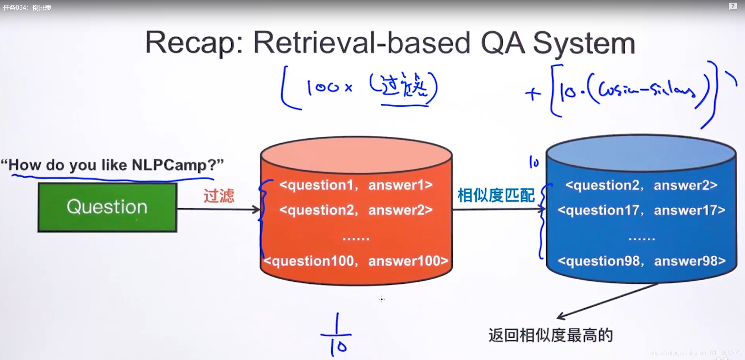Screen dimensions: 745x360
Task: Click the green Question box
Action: point(107,207)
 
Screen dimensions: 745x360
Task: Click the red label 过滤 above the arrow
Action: point(219,195)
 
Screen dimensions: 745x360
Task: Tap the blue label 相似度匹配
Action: point(496,195)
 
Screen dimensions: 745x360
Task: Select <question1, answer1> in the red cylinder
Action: point(356,185)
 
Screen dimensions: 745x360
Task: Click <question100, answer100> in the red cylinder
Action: point(356,261)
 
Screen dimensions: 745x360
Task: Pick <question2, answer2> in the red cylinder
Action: point(356,210)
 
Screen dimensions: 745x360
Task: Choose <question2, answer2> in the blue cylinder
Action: point(641,185)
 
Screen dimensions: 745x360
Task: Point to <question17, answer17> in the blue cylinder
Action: point(641,210)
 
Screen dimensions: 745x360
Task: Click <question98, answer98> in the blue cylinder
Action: point(641,261)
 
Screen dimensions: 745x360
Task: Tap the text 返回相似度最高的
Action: point(550,335)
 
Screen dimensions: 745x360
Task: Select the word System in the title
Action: point(584,43)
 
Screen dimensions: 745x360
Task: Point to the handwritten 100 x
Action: point(329,87)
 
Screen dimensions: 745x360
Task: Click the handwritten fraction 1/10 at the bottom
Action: point(337,335)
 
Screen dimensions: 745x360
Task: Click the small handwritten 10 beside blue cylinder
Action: point(534,162)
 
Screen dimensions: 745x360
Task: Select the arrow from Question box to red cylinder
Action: point(218,209)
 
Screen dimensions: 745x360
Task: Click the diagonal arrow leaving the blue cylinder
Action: point(607,301)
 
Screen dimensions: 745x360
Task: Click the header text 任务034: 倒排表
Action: point(27,7)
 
